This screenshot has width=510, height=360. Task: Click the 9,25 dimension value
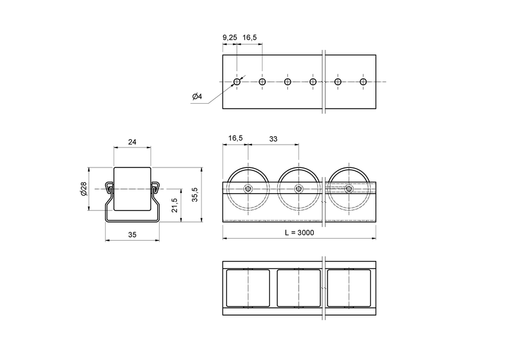tap(229, 38)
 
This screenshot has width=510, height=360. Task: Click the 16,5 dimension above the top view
tap(250, 38)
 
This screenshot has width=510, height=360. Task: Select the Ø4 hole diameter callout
tap(197, 97)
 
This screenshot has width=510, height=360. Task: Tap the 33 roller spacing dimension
tap(272, 139)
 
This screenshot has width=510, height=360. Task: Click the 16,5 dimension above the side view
tap(235, 139)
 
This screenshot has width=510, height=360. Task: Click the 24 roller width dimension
tap(133, 142)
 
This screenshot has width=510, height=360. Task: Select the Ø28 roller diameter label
tap(83, 189)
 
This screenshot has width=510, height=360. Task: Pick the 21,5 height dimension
tap(175, 205)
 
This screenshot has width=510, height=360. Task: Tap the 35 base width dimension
tap(133, 235)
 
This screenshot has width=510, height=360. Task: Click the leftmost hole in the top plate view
tap(237, 82)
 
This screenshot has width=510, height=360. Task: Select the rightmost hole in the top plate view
tap(363, 82)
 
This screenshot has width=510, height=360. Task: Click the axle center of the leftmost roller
tap(248, 189)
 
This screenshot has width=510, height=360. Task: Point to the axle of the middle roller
tap(298, 189)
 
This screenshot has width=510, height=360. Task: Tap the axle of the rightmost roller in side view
tap(349, 189)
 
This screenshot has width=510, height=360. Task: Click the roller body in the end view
tap(132, 189)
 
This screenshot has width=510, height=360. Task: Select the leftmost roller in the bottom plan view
tap(248, 288)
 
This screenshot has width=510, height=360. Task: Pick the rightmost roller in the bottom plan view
tap(349, 288)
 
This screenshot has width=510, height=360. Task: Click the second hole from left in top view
tap(262, 82)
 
